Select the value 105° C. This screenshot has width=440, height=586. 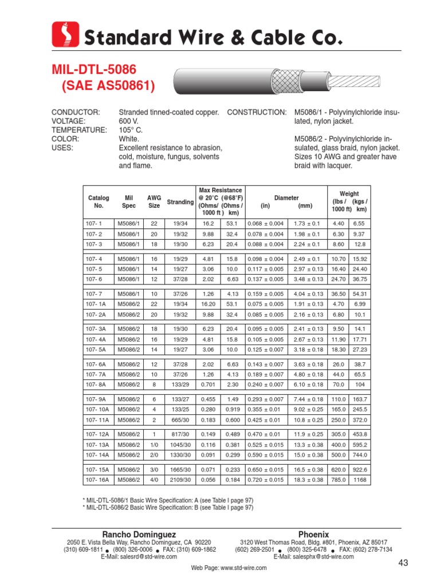[130, 130]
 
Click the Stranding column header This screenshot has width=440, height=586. [180, 202]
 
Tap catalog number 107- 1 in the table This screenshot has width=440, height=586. [93, 223]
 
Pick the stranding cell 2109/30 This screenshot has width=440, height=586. [180, 480]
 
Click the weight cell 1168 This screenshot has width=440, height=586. [359, 480]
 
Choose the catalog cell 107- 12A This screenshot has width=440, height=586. [97, 434]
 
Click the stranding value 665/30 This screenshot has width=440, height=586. [180, 419]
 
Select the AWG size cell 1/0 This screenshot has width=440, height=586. [154, 444]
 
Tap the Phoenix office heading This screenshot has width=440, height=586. [313, 534]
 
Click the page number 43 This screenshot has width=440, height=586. [403, 564]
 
